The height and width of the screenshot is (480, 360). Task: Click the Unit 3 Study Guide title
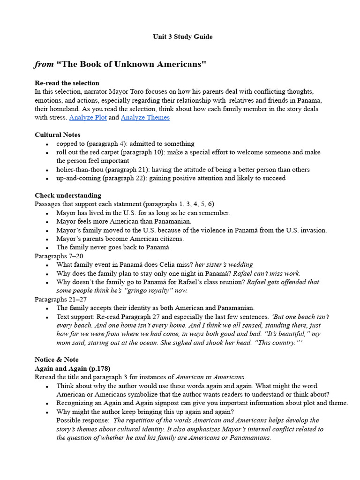click(x=182, y=37)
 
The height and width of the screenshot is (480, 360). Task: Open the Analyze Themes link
click(x=145, y=118)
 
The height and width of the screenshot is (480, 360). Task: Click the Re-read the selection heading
click(x=67, y=83)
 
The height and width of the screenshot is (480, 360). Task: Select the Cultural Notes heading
click(x=58, y=135)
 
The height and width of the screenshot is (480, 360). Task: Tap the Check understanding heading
click(x=68, y=195)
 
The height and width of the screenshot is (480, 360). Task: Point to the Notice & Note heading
click(x=57, y=360)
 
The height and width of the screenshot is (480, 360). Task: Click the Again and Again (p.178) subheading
click(x=73, y=368)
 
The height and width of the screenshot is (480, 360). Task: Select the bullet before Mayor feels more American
click(x=48, y=222)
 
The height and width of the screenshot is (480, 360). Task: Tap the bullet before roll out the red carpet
click(x=48, y=153)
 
